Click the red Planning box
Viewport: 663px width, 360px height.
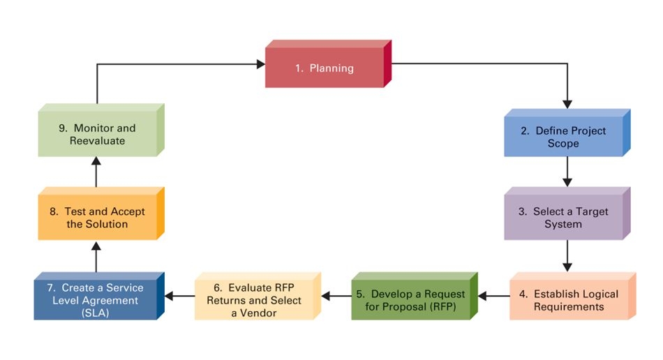pos(325,68)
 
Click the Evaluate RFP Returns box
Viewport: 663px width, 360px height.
pos(254,301)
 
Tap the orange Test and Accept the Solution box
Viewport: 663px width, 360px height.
pos(97,218)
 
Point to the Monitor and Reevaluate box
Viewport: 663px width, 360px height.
pos(97,135)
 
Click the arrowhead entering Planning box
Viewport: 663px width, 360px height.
pos(260,64)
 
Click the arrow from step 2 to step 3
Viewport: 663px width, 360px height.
pos(567,172)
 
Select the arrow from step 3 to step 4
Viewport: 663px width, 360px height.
pos(567,255)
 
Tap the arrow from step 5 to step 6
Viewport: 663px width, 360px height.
pos(336,296)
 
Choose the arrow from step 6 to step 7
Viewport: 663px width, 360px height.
pos(179,296)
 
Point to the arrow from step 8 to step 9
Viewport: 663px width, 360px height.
pos(96,171)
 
